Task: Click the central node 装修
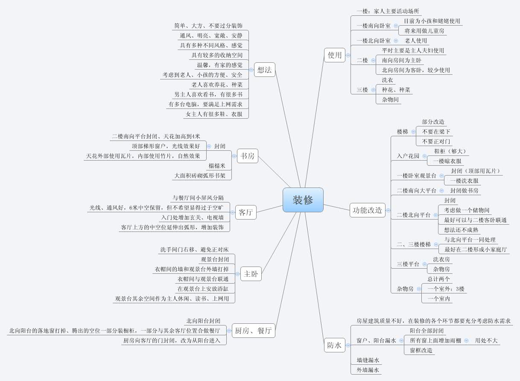[303, 200]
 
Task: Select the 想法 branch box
[265, 70]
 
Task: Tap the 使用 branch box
[335, 55]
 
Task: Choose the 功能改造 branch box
[368, 210]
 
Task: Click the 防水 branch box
[335, 345]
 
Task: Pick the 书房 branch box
[248, 156]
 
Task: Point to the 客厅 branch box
[246, 212]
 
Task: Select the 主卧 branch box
[251, 274]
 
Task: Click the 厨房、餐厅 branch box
[254, 331]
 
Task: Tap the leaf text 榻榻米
[217, 166]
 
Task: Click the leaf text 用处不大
[486, 340]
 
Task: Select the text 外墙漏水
[368, 370]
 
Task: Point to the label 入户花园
[408, 156]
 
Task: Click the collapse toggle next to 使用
[348, 55]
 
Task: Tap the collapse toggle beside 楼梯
[413, 132]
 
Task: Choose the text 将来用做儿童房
[424, 31]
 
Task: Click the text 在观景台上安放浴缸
[203, 289]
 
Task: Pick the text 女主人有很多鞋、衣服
[214, 114]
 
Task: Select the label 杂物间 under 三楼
[390, 100]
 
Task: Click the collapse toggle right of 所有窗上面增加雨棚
[466, 340]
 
